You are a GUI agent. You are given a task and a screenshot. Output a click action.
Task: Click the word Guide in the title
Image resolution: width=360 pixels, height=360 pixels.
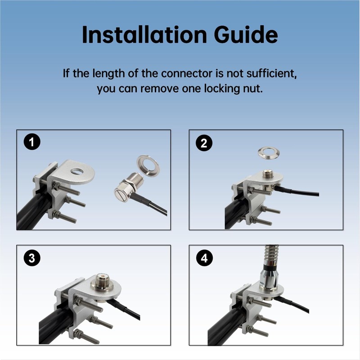(x=246, y=35)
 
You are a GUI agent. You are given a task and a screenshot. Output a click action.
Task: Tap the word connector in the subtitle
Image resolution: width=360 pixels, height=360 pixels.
(x=187, y=73)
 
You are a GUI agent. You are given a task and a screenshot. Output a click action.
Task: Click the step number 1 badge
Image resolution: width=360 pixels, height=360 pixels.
(x=32, y=142)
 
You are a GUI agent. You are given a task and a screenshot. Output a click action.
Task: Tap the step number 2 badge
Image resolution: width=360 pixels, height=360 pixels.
(x=204, y=143)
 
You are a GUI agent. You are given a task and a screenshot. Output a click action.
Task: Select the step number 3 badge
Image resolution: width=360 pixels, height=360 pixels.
(x=32, y=258)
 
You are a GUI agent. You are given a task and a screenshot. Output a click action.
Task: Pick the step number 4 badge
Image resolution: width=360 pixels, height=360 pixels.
(x=204, y=258)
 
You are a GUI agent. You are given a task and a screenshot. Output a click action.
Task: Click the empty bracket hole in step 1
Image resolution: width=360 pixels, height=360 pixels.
(x=77, y=171)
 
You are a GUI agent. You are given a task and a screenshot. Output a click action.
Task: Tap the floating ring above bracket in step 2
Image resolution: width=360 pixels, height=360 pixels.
(x=269, y=153)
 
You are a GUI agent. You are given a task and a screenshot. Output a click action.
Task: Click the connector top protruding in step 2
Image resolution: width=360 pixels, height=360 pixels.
(x=268, y=174)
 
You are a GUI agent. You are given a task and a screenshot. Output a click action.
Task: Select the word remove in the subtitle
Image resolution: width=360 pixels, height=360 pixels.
(x=160, y=89)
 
